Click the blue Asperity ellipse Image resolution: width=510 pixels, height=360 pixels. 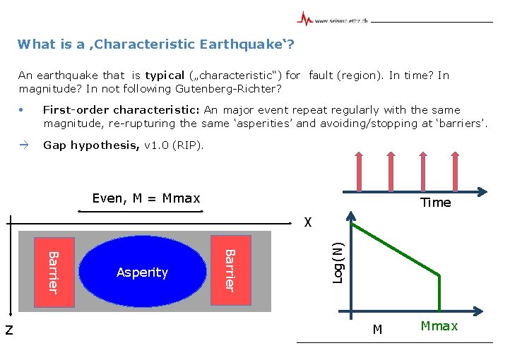pos(142,271)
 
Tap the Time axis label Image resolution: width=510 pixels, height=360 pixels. pos(435,203)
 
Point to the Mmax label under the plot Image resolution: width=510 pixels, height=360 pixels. pos(439,326)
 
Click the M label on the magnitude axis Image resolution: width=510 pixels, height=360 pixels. pos(377,329)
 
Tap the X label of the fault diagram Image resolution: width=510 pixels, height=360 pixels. pos(307,223)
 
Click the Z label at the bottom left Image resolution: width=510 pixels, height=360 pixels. pos(8,328)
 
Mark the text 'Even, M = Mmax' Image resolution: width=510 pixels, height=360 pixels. pos(146,198)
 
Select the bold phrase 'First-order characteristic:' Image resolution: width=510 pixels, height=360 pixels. pos(122,110)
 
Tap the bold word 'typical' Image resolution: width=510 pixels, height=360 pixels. pos(164,76)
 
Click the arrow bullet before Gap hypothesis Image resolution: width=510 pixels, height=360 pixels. pos(23,145)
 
